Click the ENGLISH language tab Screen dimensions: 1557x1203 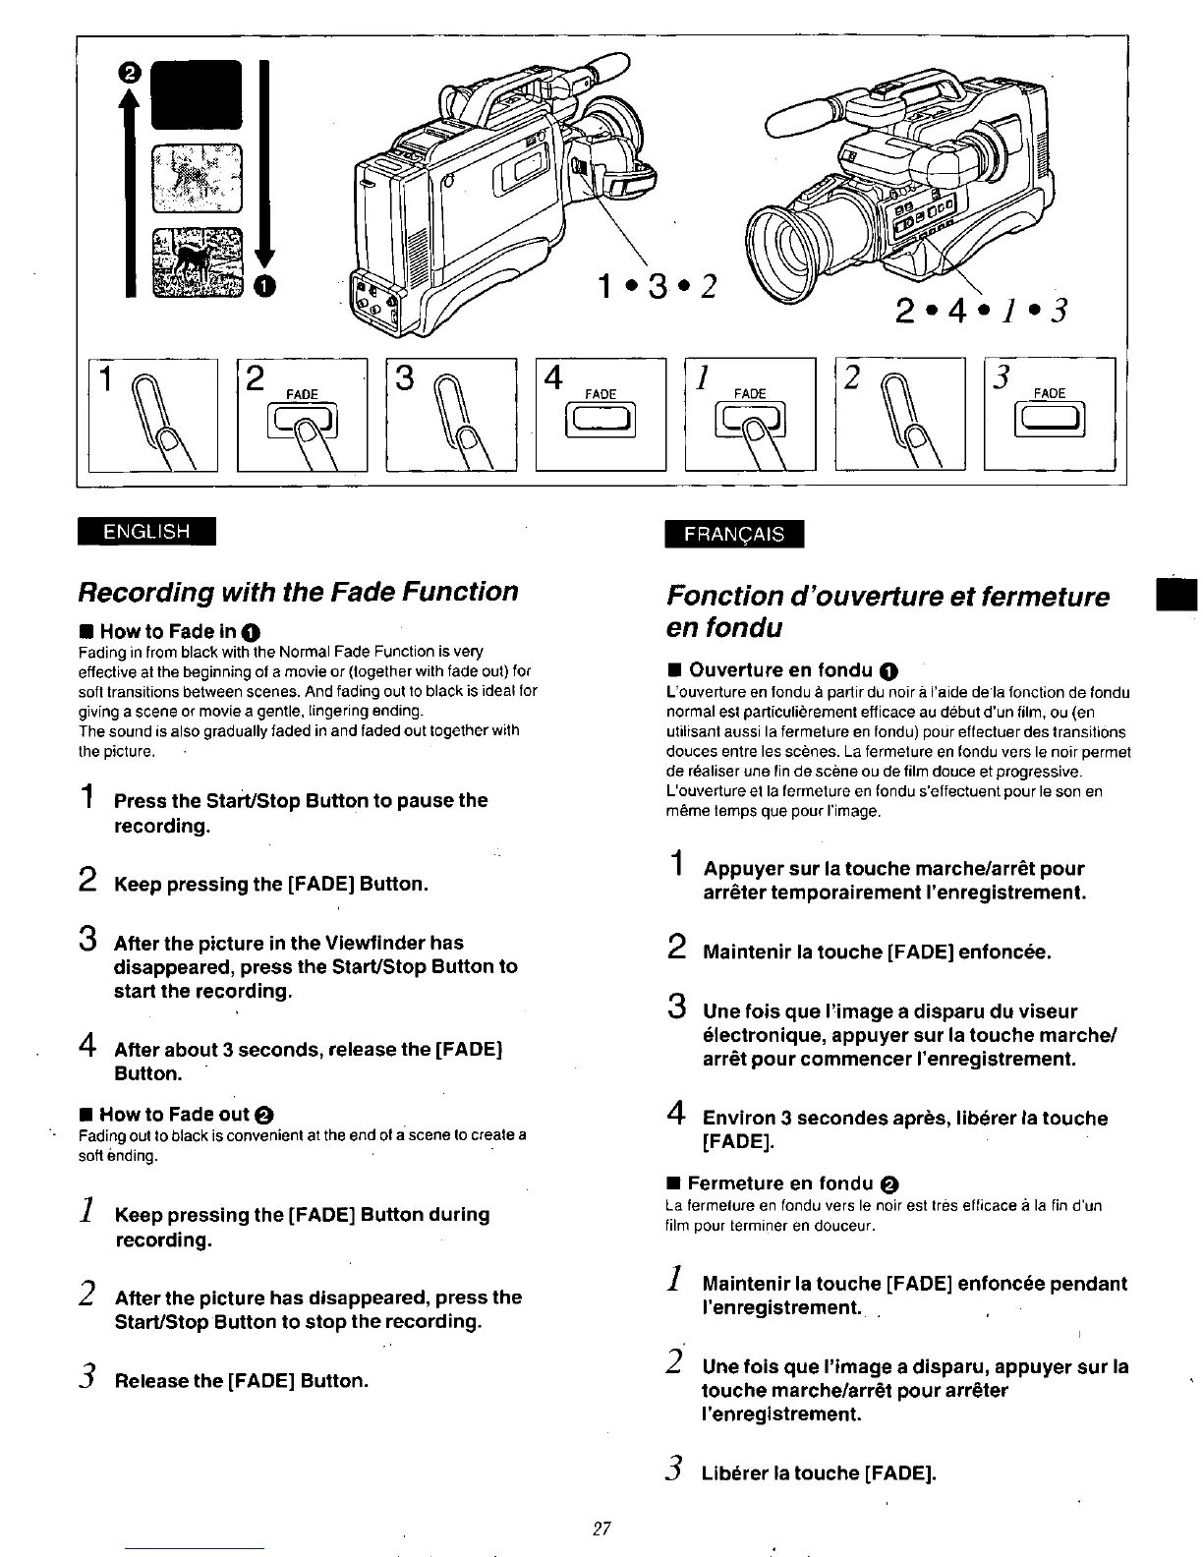(x=146, y=531)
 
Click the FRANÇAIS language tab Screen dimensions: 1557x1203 (x=733, y=534)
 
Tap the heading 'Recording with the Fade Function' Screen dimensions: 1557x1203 (x=297, y=592)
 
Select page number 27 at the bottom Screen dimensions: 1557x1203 (x=601, y=1528)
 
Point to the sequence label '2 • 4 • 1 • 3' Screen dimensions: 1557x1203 (x=980, y=310)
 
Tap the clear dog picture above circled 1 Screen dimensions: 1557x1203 (x=196, y=260)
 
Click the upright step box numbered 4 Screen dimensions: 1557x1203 (x=601, y=414)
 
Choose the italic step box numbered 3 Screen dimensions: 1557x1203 (x=1050, y=414)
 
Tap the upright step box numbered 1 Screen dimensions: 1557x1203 (x=152, y=414)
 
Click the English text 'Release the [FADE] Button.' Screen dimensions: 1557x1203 (x=241, y=1380)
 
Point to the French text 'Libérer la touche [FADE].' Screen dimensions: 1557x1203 (x=819, y=1472)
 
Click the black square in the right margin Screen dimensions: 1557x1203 (x=1177, y=597)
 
